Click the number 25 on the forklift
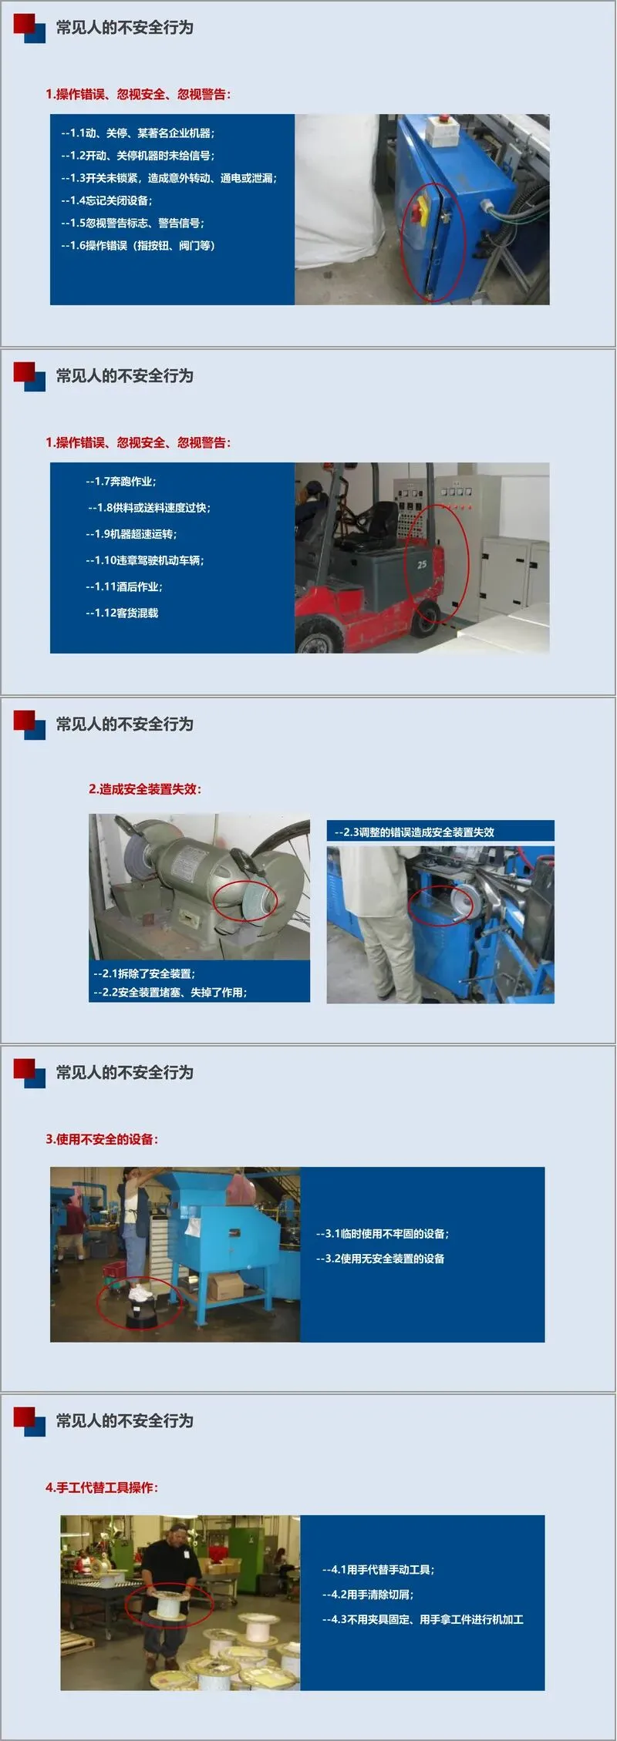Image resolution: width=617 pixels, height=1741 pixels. point(422,564)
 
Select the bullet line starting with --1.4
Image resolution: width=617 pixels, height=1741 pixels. point(106,200)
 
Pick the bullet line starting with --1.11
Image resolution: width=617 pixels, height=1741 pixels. point(124,586)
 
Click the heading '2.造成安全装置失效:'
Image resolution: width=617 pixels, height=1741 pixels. point(145,789)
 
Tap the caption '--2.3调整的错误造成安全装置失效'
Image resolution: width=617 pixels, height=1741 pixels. point(414,832)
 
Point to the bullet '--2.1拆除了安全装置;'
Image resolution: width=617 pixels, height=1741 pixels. point(144,973)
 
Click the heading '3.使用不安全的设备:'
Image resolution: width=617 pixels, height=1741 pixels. point(102,1139)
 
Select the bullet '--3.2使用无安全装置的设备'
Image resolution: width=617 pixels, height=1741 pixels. point(380,1259)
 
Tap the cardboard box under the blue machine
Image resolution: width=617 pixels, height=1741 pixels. point(225,1286)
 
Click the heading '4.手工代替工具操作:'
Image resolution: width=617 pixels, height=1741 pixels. point(102,1487)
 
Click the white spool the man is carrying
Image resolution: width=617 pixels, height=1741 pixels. point(169,1602)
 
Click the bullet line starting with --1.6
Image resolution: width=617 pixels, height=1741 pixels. point(138,246)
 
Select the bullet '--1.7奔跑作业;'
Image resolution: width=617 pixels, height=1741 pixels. point(121,482)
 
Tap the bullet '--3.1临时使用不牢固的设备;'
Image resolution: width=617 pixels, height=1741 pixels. point(383,1234)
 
